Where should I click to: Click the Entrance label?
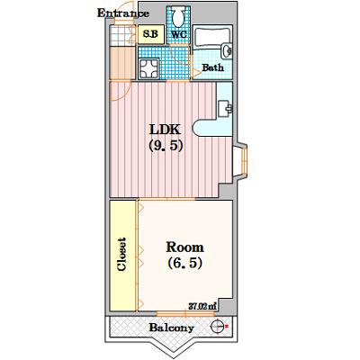123,13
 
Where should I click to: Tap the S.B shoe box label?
150,34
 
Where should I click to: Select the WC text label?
179,34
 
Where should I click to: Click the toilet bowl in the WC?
179,17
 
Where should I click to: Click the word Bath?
212,67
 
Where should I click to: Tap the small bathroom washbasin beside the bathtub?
227,51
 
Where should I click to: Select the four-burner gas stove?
148,67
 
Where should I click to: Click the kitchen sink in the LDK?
225,109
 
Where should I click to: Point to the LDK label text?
165,130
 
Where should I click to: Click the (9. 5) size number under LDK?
166,146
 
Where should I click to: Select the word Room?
185,247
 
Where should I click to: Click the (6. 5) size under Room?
184,263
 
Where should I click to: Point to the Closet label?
121,255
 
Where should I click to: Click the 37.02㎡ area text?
202,307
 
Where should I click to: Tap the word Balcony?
172,328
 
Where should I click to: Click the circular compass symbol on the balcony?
217,327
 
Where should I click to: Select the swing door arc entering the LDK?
120,91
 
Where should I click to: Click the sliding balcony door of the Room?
185,314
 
